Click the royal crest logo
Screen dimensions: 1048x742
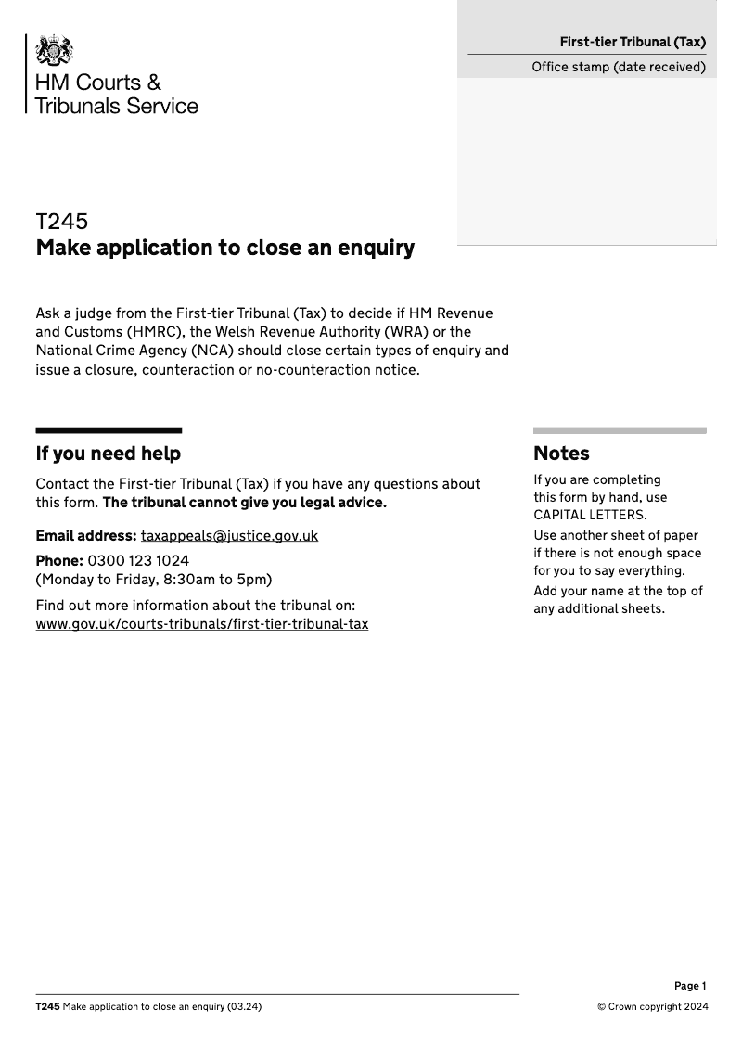tap(55, 50)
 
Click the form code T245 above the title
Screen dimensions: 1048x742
tap(62, 222)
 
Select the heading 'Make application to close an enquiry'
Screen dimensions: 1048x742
tap(224, 249)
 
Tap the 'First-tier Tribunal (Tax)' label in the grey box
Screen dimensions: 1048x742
tap(632, 42)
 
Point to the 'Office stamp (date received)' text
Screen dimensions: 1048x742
tap(619, 67)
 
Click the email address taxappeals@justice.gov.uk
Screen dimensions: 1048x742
tap(229, 536)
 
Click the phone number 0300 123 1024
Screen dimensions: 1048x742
tap(138, 561)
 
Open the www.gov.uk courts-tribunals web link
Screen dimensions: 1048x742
tap(201, 624)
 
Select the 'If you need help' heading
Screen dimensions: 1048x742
tap(108, 454)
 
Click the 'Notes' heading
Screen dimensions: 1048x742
tap(561, 454)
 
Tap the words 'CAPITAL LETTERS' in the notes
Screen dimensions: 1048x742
tap(590, 515)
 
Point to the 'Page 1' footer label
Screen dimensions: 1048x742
tap(690, 986)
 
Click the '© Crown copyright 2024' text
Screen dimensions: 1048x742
tap(652, 1007)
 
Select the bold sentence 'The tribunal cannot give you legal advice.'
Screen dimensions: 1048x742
tap(244, 503)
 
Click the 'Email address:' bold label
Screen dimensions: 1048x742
tap(85, 536)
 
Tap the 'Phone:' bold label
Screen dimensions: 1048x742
tap(58, 561)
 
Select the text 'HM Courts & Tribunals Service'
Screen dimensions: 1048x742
tap(116, 94)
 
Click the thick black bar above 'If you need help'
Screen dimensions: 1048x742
tap(109, 430)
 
